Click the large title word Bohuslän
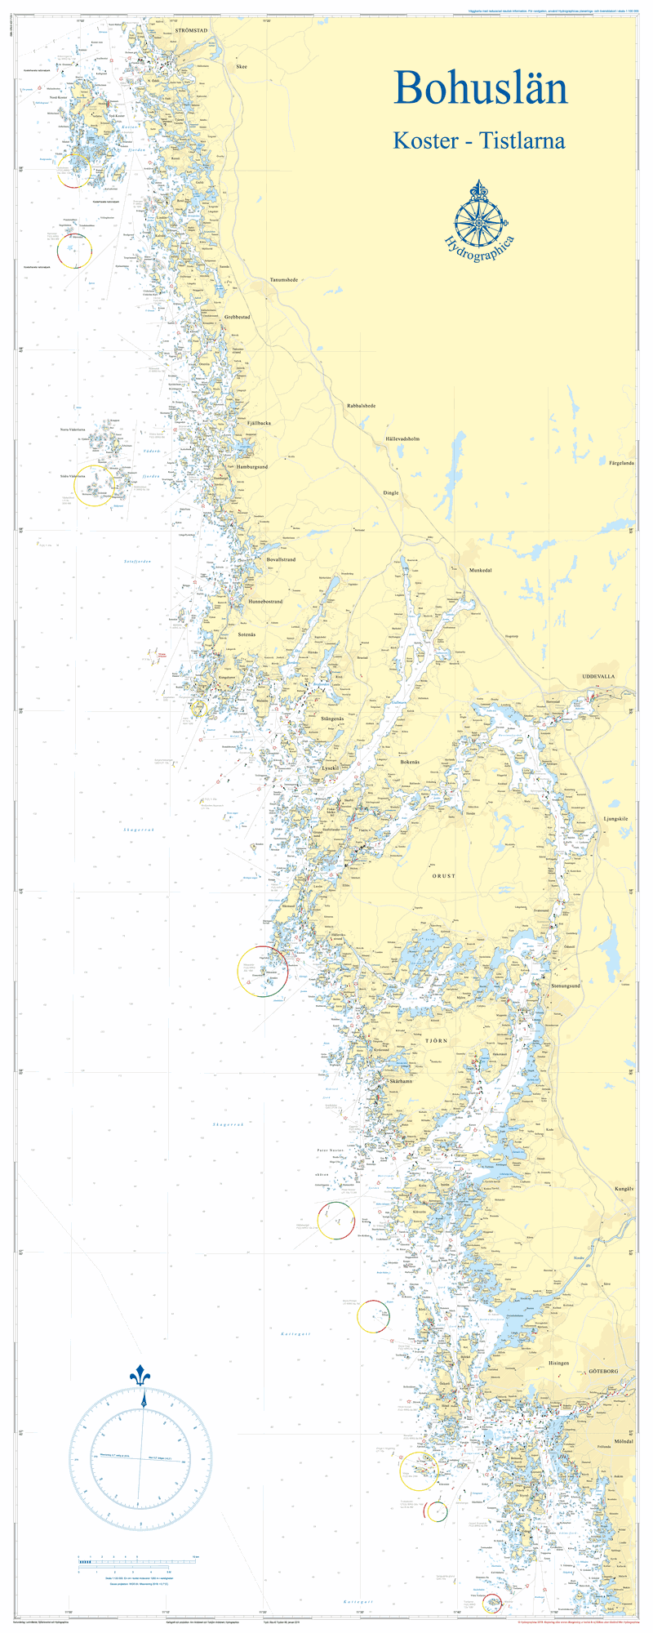(x=480, y=87)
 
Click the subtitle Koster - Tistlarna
(x=478, y=140)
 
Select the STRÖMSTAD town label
(x=192, y=29)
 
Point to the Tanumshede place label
(x=284, y=279)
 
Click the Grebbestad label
(x=237, y=317)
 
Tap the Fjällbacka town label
(x=254, y=423)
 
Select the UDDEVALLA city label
(x=598, y=677)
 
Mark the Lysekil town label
(x=330, y=768)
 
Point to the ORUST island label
(x=444, y=875)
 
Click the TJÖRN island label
(x=437, y=1043)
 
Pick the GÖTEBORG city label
(x=604, y=1372)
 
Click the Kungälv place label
(x=624, y=1190)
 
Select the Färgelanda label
(x=622, y=463)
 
